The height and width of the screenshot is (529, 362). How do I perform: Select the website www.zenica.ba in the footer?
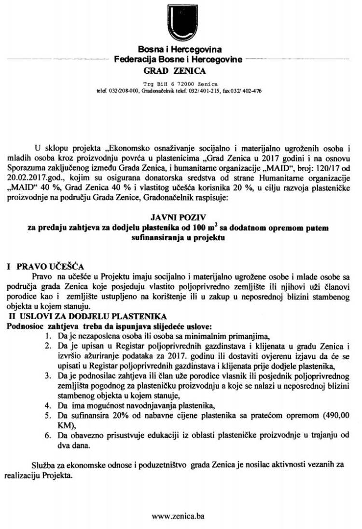click(178, 516)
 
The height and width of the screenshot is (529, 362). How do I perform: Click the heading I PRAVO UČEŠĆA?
click(44, 266)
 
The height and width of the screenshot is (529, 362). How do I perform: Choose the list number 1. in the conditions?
click(48, 336)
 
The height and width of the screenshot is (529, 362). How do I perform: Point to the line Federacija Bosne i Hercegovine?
click(179, 60)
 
